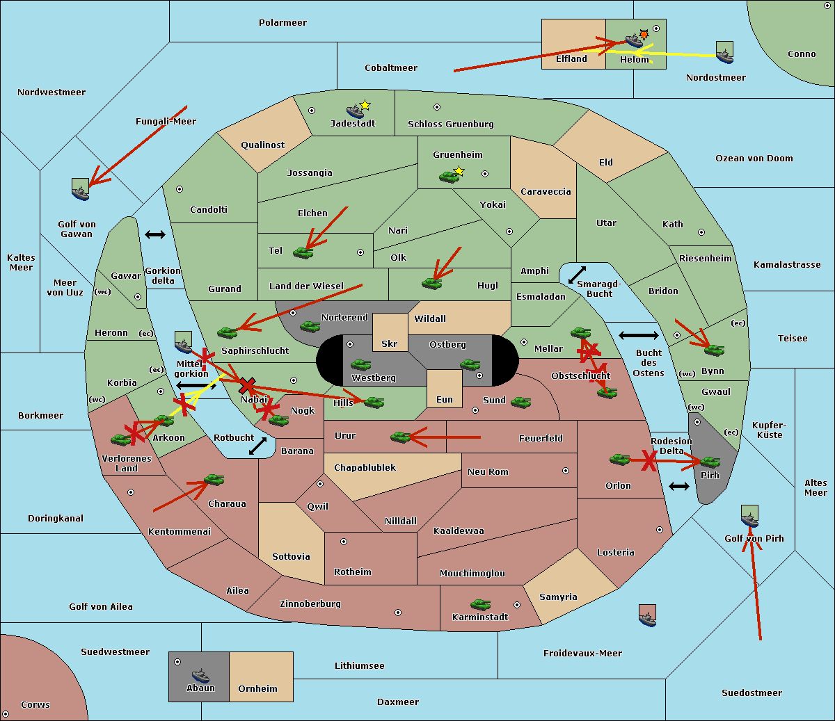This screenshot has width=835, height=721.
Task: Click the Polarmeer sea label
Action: pos(283,23)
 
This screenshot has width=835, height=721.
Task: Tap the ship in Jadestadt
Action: pos(355,111)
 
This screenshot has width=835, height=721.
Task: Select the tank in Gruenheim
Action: pos(449,177)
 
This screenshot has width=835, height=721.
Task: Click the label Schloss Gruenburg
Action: pos(450,124)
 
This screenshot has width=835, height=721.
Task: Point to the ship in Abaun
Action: pos(200,675)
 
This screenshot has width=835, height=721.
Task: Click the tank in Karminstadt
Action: pos(480,605)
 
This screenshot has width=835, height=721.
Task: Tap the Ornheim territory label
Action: pos(257,689)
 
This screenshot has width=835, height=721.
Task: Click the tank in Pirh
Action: pos(710,462)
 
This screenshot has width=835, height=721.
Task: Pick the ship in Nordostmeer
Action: pos(724,54)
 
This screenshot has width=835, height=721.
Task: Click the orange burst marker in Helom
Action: pos(644,34)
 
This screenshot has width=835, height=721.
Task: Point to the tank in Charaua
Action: pos(214,480)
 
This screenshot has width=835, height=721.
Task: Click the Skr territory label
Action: pos(389,344)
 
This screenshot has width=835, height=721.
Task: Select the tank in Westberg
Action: pos(360,365)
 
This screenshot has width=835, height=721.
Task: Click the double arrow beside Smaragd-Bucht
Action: pos(578,275)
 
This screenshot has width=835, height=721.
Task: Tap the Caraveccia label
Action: pos(546,192)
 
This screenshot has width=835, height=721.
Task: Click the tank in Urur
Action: pos(400,437)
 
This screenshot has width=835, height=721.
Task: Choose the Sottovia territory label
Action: pos(291,557)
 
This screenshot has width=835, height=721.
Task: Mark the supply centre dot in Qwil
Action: pos(320,484)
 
